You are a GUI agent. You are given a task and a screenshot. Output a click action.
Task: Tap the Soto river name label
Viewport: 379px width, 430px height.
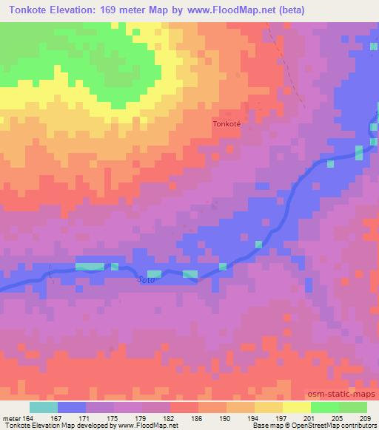[x=147, y=280]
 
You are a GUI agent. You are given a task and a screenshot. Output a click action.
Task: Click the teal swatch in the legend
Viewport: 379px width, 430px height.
[x=44, y=407]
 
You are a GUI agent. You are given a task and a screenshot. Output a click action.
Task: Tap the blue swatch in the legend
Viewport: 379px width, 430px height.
[x=72, y=407]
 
